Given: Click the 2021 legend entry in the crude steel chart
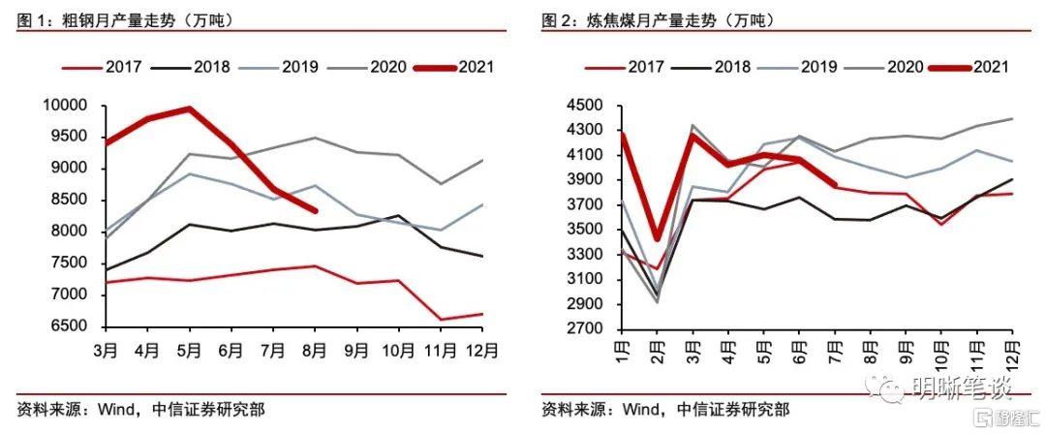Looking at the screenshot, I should pos(454,67).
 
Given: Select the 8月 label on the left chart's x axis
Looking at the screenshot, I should pos(315,347).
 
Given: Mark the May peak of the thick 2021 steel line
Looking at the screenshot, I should pos(190,108).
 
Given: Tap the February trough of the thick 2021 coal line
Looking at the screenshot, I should pos(656,238).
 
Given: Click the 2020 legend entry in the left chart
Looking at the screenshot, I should pos(366,67).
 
